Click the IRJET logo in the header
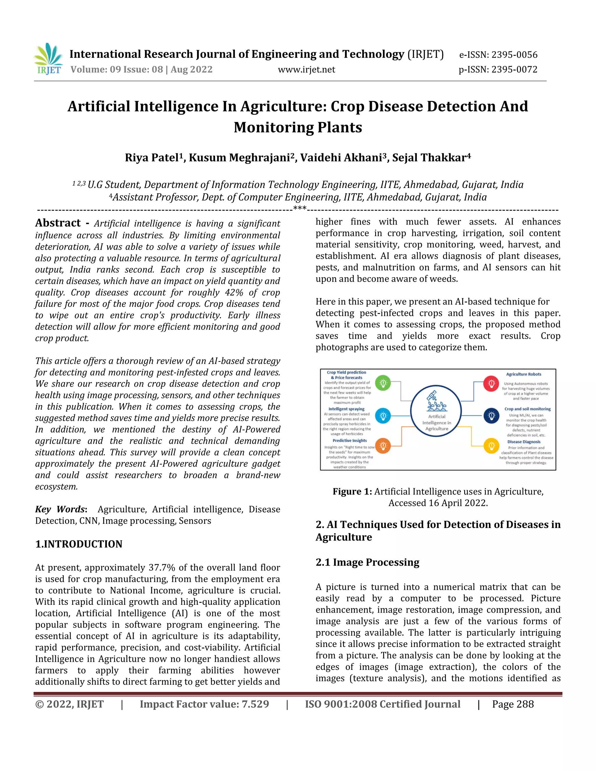coord(48,59)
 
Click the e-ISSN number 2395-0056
coord(498,55)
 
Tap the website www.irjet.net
coord(306,70)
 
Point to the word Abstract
coord(58,223)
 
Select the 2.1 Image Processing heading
coord(367,562)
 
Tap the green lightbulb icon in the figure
coord(383,383)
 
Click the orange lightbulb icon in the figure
coord(383,445)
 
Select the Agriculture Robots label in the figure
coord(523,374)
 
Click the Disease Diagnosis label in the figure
coord(524,442)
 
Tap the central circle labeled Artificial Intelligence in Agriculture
coord(437,411)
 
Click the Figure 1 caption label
coord(352,491)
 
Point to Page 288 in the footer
coord(513,704)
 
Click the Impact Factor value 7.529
coord(204,704)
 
